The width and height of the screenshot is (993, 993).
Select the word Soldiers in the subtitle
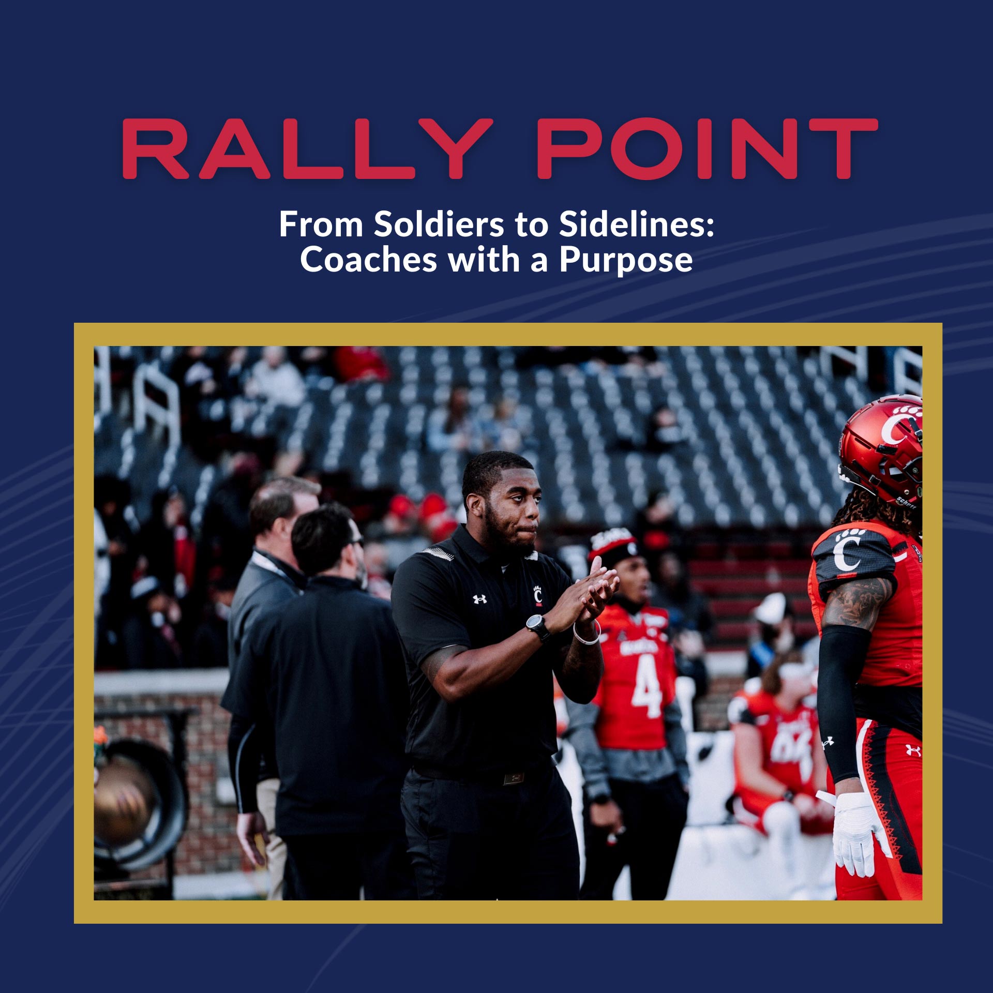(x=439, y=224)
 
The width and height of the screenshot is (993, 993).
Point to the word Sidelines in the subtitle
(x=636, y=224)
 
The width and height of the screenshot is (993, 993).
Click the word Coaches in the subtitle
(x=368, y=260)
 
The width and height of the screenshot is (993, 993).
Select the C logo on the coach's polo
(x=538, y=595)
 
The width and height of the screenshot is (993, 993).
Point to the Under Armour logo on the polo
(x=479, y=599)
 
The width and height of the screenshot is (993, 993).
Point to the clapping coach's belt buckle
(x=515, y=778)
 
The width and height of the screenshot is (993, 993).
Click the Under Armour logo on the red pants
(x=913, y=750)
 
